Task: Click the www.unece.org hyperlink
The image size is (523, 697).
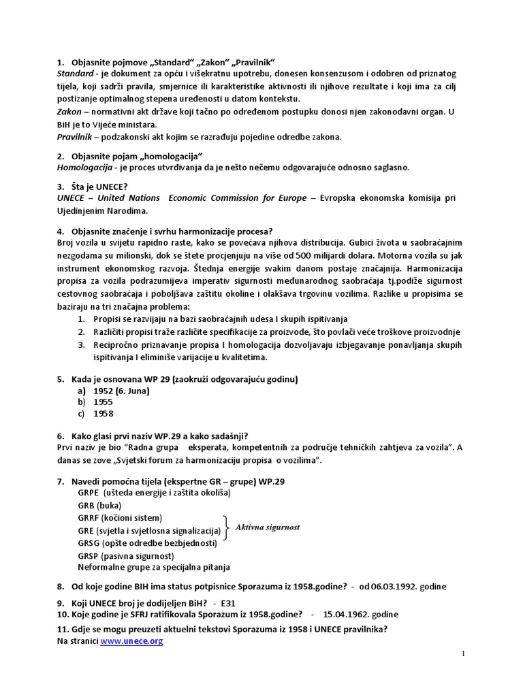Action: click(x=131, y=641)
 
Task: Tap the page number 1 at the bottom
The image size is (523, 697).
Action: click(x=464, y=654)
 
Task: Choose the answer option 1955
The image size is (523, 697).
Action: click(x=104, y=402)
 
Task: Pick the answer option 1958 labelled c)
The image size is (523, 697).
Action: click(x=104, y=413)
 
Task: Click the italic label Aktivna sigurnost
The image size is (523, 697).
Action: click(x=268, y=527)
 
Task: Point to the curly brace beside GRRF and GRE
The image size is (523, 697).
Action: click(x=226, y=524)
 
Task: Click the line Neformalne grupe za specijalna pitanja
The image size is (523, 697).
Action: click(x=154, y=566)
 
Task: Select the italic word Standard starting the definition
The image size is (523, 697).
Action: click(x=76, y=73)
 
